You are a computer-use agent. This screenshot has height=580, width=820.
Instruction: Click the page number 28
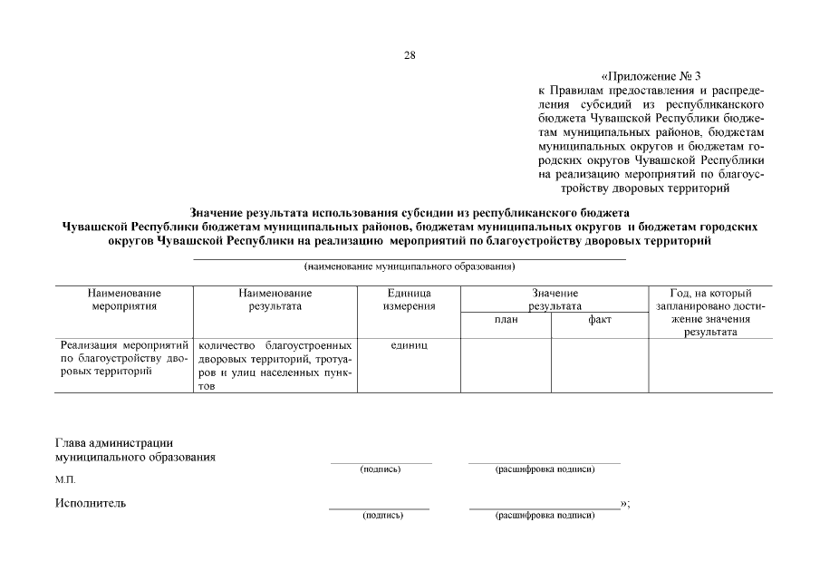coord(410,55)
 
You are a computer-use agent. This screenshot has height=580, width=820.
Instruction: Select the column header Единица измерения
coord(408,300)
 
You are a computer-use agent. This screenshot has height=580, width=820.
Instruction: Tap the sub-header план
coord(506,319)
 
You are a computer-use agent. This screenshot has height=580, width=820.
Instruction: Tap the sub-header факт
coord(599,319)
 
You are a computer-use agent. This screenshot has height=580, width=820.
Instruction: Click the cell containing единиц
coord(408,345)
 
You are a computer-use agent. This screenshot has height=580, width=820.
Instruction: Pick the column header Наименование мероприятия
coord(125,300)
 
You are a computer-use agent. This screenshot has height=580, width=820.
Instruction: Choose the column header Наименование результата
coord(275,300)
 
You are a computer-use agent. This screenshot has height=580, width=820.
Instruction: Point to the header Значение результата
coord(555,300)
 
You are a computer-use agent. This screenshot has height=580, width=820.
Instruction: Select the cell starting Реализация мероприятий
coord(124,359)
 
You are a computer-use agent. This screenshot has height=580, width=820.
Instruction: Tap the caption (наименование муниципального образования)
coord(410,267)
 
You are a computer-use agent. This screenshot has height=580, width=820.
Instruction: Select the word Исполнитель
coord(91,503)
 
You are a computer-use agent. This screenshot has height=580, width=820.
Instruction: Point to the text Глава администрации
coord(114,443)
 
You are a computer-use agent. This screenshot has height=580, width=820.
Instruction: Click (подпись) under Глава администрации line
coord(381,469)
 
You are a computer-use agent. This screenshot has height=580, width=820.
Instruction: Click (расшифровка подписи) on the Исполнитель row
coord(545,515)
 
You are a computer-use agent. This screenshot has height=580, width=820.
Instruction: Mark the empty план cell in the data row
coord(506,364)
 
